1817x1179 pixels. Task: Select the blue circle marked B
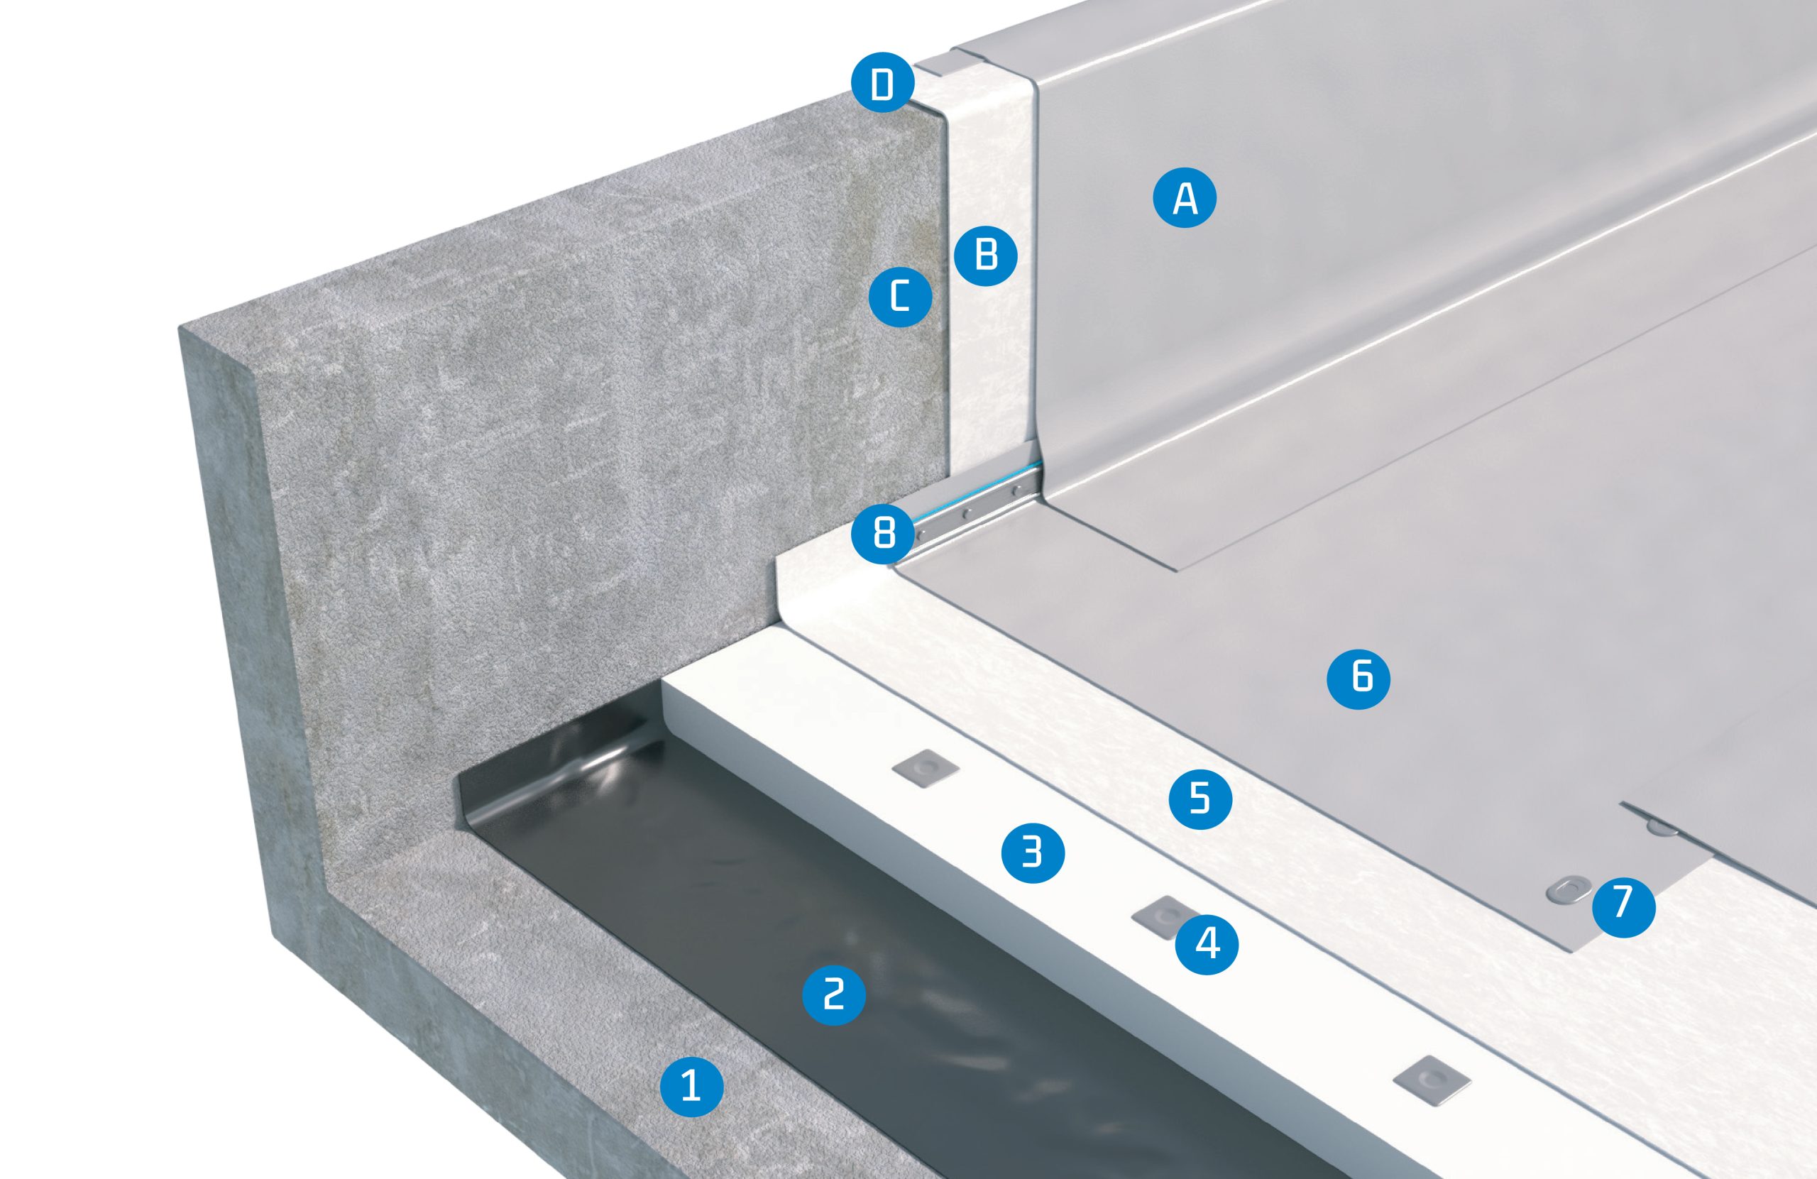click(987, 255)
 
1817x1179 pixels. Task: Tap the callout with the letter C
click(901, 295)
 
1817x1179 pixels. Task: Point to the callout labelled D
click(882, 82)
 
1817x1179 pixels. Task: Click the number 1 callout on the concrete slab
click(692, 1085)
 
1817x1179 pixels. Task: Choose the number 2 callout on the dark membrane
click(834, 994)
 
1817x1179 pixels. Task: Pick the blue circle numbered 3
click(1032, 851)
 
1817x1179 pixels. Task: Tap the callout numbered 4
click(1206, 944)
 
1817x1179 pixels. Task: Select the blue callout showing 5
click(1200, 798)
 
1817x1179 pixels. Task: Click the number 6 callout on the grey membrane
click(1358, 677)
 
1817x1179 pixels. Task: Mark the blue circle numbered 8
click(884, 531)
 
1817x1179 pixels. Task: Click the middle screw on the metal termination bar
click(966, 515)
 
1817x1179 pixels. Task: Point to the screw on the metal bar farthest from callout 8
click(1016, 491)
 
